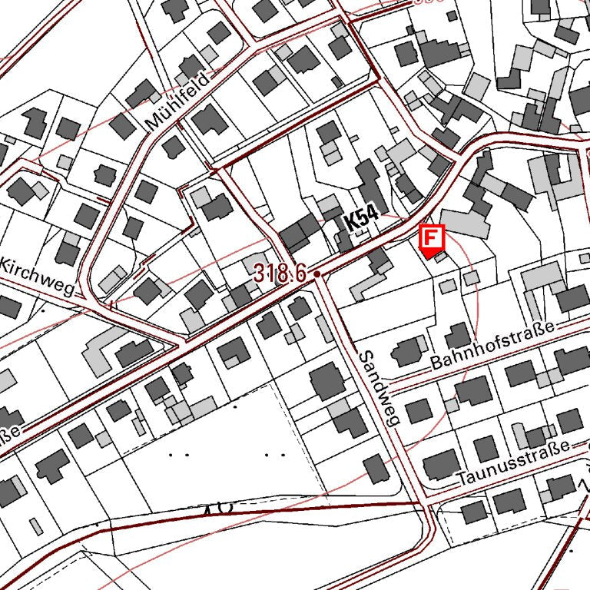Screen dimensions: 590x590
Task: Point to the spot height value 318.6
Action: point(281,272)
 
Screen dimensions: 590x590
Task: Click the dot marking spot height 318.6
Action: point(317,273)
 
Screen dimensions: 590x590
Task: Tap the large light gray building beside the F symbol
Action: point(466,223)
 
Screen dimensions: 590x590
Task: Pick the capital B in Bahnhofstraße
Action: point(437,361)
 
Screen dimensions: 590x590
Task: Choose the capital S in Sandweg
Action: point(366,356)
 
